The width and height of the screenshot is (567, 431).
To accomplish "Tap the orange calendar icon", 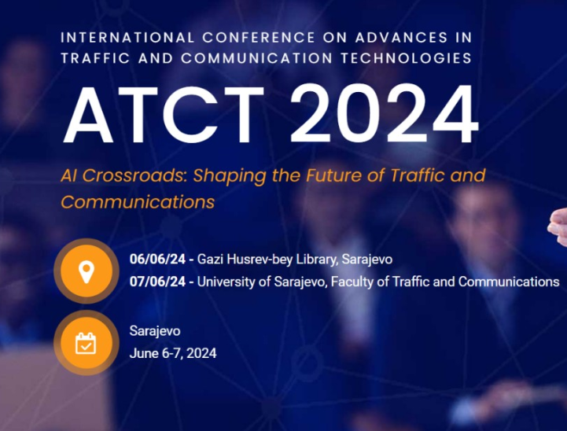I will [85, 343].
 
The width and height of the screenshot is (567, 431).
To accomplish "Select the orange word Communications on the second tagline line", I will [138, 201].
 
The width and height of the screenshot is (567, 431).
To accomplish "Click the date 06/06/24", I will [156, 259].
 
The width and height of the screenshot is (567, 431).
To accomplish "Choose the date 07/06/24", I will [156, 282].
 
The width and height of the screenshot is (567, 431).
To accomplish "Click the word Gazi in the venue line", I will [210, 259].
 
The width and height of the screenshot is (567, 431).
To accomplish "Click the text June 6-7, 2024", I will [173, 353].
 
